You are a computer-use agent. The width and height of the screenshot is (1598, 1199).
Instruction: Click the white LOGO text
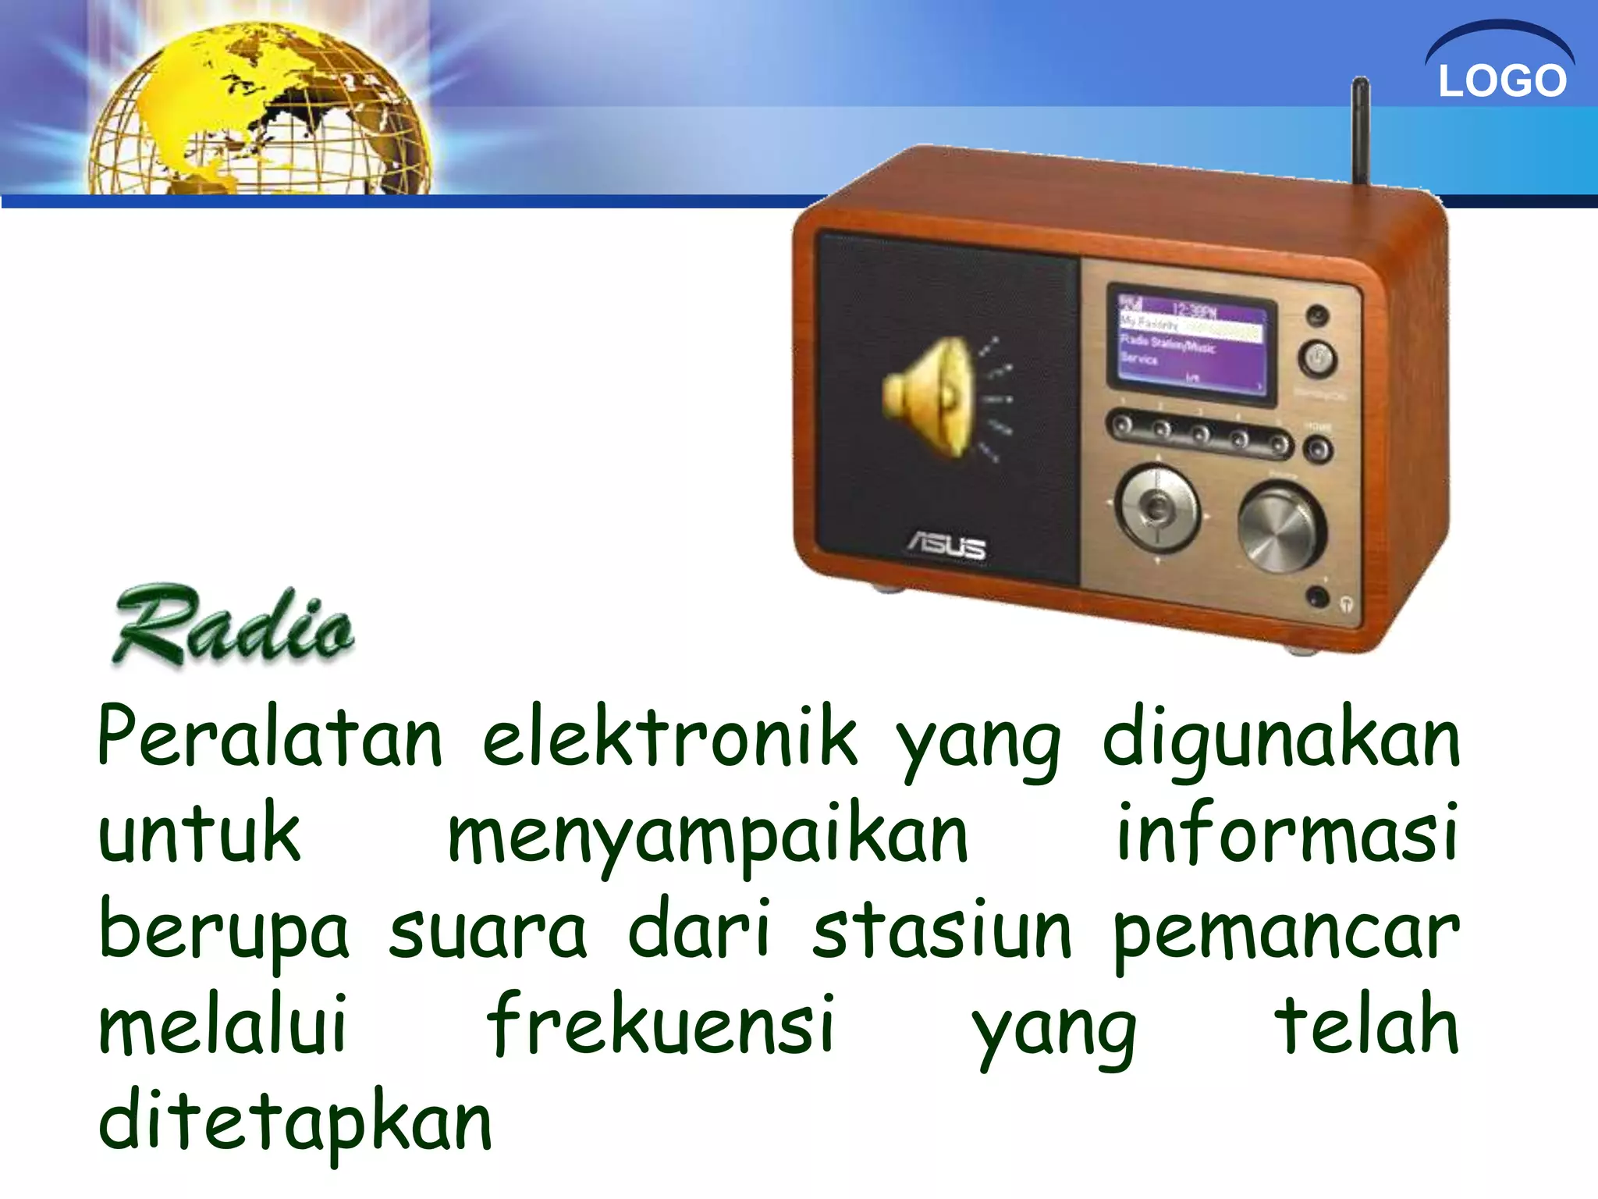(1502, 80)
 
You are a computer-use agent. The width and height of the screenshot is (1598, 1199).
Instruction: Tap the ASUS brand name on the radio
(946, 546)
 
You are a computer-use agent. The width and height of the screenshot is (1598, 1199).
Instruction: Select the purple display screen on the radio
(1191, 343)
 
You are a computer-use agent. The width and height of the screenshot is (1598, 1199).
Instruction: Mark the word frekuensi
(661, 1025)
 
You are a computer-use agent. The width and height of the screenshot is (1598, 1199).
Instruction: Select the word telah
(1366, 1025)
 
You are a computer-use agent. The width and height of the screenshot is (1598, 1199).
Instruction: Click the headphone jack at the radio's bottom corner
(1318, 597)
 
